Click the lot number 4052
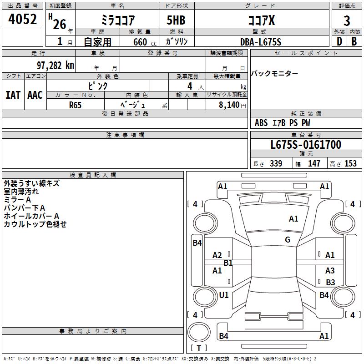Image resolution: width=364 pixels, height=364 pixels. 23,20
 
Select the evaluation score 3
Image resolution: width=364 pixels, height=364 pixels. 347,21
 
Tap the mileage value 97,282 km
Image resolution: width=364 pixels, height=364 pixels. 55,65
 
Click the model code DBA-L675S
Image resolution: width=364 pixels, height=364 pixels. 261,42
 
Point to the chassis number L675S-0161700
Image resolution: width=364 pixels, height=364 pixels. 305,145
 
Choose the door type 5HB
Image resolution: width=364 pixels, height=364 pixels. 176,21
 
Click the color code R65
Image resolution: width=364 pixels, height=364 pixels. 75,105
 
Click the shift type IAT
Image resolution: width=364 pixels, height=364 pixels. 13,95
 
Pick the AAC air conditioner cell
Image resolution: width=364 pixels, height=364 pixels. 35,95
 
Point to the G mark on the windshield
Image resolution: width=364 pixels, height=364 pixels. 288,240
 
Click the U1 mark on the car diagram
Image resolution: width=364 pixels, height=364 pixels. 224,295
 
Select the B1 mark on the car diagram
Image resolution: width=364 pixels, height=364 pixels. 228,263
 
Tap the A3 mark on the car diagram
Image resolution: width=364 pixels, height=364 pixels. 330,271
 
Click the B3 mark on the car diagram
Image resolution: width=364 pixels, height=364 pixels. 330,283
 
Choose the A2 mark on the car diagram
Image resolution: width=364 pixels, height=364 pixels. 217,255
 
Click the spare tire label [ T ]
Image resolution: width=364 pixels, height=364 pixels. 199,348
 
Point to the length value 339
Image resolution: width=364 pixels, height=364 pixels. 276,164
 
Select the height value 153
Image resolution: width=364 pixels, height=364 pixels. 350,164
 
